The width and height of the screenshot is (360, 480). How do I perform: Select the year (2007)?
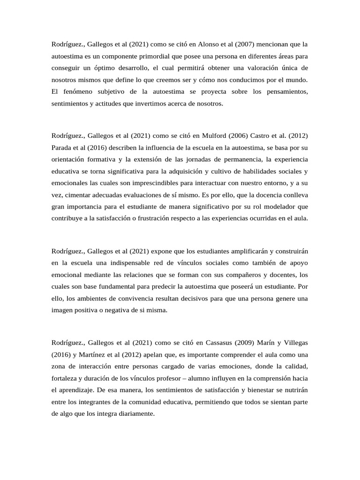233,45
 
